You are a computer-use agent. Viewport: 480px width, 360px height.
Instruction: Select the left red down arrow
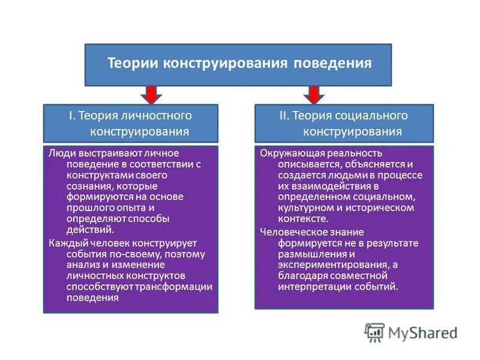[x=150, y=95]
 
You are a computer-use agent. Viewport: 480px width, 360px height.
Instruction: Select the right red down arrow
[x=313, y=95]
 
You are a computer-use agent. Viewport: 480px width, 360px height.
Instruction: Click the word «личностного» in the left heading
[x=163, y=115]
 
